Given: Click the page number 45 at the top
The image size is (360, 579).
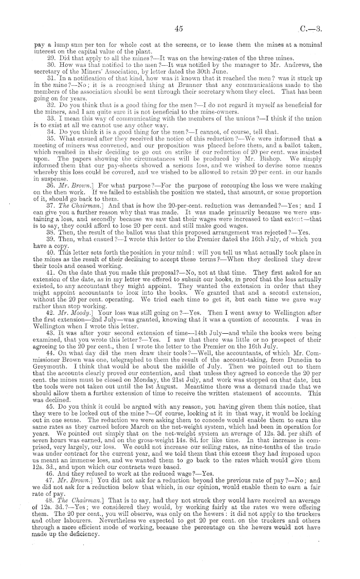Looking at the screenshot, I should coord(179,30).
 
